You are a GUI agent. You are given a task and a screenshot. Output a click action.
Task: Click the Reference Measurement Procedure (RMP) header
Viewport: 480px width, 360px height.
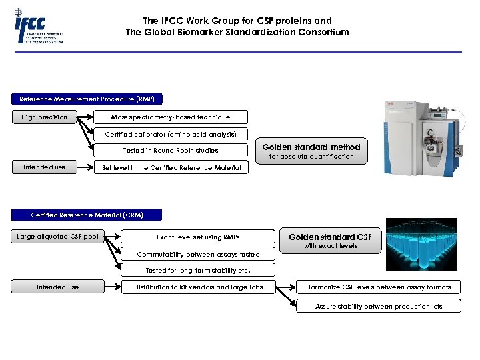[x=87, y=99]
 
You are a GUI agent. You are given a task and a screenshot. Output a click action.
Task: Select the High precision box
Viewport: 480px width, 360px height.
[x=44, y=117]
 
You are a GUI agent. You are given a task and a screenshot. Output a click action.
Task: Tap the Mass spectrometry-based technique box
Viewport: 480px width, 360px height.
[x=171, y=117]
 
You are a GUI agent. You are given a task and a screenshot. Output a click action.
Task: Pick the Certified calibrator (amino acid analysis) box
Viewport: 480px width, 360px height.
[x=171, y=134]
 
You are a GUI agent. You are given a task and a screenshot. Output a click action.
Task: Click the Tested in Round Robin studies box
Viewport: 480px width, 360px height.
[x=171, y=151]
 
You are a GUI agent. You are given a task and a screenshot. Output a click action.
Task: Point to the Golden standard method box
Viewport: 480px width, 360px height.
[x=311, y=147]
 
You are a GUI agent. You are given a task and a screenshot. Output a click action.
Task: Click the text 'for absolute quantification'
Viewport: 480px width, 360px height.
[x=311, y=157]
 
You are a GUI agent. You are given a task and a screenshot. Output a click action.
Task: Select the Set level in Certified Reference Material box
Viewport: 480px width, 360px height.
[x=171, y=167]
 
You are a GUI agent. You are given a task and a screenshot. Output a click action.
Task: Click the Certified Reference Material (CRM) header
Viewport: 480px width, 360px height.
[x=87, y=215]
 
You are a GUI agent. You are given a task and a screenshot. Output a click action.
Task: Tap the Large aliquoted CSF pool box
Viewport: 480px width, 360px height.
[x=58, y=237]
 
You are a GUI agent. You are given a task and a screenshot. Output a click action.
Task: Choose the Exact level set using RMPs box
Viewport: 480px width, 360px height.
[x=198, y=237]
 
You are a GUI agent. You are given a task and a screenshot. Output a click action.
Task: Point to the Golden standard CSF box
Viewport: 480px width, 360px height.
[x=330, y=237]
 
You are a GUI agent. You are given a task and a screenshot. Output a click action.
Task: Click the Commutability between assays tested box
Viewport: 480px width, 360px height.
[x=198, y=254]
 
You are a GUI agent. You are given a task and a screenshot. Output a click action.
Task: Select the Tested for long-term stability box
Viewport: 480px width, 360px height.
[x=198, y=270]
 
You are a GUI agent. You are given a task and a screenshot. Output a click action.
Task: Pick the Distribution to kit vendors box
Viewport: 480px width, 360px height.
[x=198, y=287]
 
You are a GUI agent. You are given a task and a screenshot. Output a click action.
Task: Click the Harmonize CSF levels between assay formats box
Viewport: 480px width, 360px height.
[x=378, y=287]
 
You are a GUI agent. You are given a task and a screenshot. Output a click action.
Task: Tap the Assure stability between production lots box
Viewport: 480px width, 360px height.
[x=378, y=306]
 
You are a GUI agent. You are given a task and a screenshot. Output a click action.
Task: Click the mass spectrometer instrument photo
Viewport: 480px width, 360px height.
[x=421, y=137]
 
